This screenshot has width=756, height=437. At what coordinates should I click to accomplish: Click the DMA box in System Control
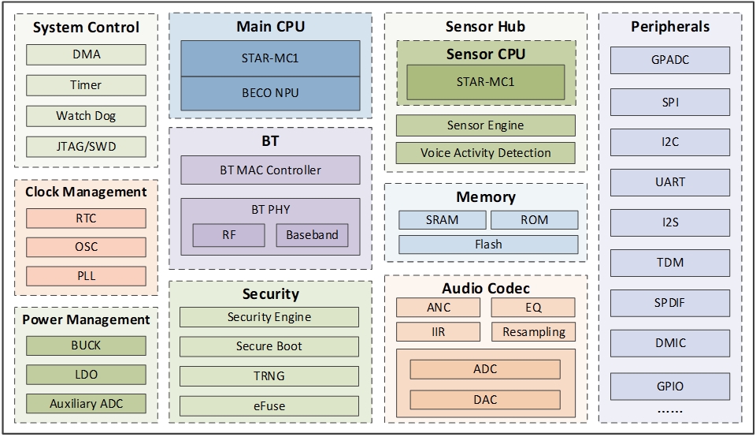[86, 54]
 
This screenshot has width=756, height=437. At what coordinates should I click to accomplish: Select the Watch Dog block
[86, 116]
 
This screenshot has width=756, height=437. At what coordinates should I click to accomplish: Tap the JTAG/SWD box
[86, 146]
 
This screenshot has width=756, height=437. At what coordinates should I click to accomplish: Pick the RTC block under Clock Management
[86, 218]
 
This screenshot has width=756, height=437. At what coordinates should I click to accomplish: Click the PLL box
[86, 276]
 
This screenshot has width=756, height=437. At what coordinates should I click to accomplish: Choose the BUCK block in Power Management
[86, 345]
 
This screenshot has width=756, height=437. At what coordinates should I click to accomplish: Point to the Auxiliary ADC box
[86, 403]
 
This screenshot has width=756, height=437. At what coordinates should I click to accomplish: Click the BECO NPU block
[270, 93]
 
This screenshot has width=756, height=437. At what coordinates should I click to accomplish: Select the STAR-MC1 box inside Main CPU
[270, 58]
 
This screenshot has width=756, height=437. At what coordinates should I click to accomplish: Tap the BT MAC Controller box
[270, 170]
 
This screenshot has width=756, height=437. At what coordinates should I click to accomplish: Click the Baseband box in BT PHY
[312, 235]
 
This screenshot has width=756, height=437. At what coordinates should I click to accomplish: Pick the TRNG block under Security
[269, 375]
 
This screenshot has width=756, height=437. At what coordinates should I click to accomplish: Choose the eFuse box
[269, 405]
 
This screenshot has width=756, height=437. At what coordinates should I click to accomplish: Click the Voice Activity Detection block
[485, 153]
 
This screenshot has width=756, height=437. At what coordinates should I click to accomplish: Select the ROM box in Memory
[534, 219]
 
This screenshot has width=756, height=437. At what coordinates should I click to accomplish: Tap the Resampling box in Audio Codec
[533, 331]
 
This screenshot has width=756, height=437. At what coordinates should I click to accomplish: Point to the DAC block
[485, 399]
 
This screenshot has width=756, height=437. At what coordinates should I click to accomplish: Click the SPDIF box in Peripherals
[669, 303]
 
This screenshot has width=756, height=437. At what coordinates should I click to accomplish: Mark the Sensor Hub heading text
[485, 26]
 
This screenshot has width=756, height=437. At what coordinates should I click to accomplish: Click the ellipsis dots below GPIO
[669, 410]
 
